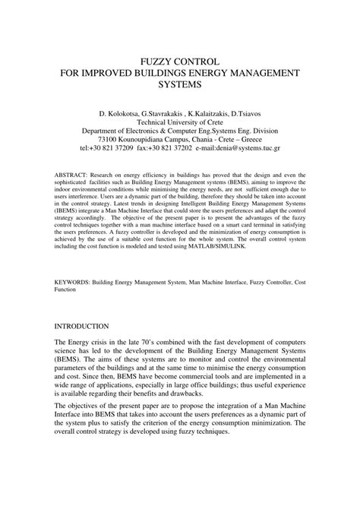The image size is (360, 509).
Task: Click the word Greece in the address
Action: (270, 140)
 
